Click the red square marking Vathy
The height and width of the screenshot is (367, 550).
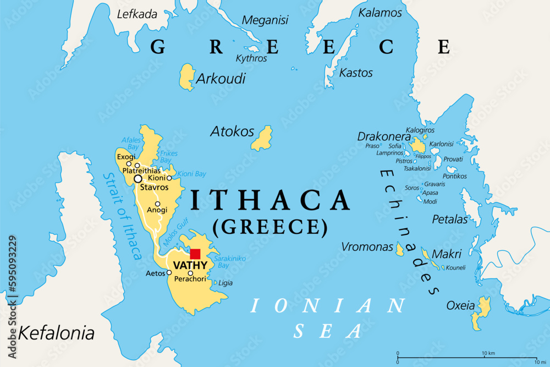tap(195, 254)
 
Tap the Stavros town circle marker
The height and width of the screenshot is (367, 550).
tap(137, 178)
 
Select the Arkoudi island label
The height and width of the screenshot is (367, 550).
tap(221, 79)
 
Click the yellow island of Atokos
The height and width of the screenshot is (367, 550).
tap(262, 138)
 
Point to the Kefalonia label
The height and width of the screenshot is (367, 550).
tap(57, 332)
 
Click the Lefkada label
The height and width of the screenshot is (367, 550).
tap(137, 14)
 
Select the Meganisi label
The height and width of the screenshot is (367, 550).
tap(265, 20)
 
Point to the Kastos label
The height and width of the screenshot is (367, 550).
tap(356, 73)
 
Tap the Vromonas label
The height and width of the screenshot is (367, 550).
tap(367, 247)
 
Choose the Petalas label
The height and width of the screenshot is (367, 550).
tap(449, 220)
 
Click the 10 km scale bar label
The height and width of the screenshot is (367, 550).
tap(488, 353)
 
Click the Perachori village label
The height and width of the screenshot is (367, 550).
tap(190, 280)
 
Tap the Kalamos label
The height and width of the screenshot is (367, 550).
tap(380, 12)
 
